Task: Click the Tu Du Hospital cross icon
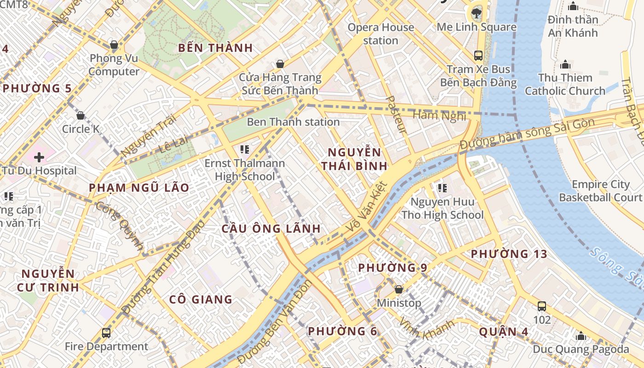(x=39, y=157)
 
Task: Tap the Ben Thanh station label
(x=293, y=122)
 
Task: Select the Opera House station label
(x=380, y=34)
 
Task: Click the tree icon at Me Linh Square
(x=477, y=13)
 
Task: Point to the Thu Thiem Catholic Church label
(x=565, y=84)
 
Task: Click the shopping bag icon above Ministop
(x=399, y=289)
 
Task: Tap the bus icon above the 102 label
(x=542, y=306)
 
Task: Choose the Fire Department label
(x=106, y=346)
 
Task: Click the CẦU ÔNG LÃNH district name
(x=271, y=229)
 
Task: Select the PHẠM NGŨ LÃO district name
(x=139, y=188)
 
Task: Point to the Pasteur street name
(x=396, y=115)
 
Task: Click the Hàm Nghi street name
(x=439, y=115)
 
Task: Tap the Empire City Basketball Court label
(x=600, y=191)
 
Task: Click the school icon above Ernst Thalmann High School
(x=245, y=149)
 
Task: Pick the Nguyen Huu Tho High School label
(x=443, y=208)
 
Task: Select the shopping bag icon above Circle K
(x=80, y=115)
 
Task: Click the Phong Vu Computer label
(x=114, y=65)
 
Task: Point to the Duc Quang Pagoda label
(x=581, y=349)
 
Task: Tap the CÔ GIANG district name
(x=201, y=299)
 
